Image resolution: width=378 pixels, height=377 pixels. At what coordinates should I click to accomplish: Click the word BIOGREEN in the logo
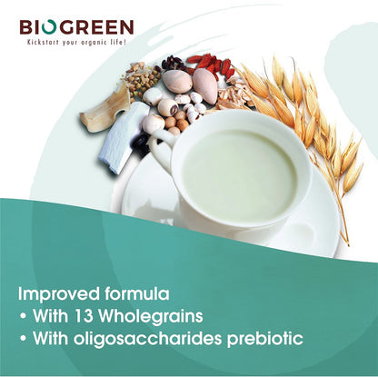76,27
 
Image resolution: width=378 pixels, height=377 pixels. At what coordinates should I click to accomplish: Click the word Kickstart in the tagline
42,43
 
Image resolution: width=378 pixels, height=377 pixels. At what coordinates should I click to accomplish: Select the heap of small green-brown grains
143,80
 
